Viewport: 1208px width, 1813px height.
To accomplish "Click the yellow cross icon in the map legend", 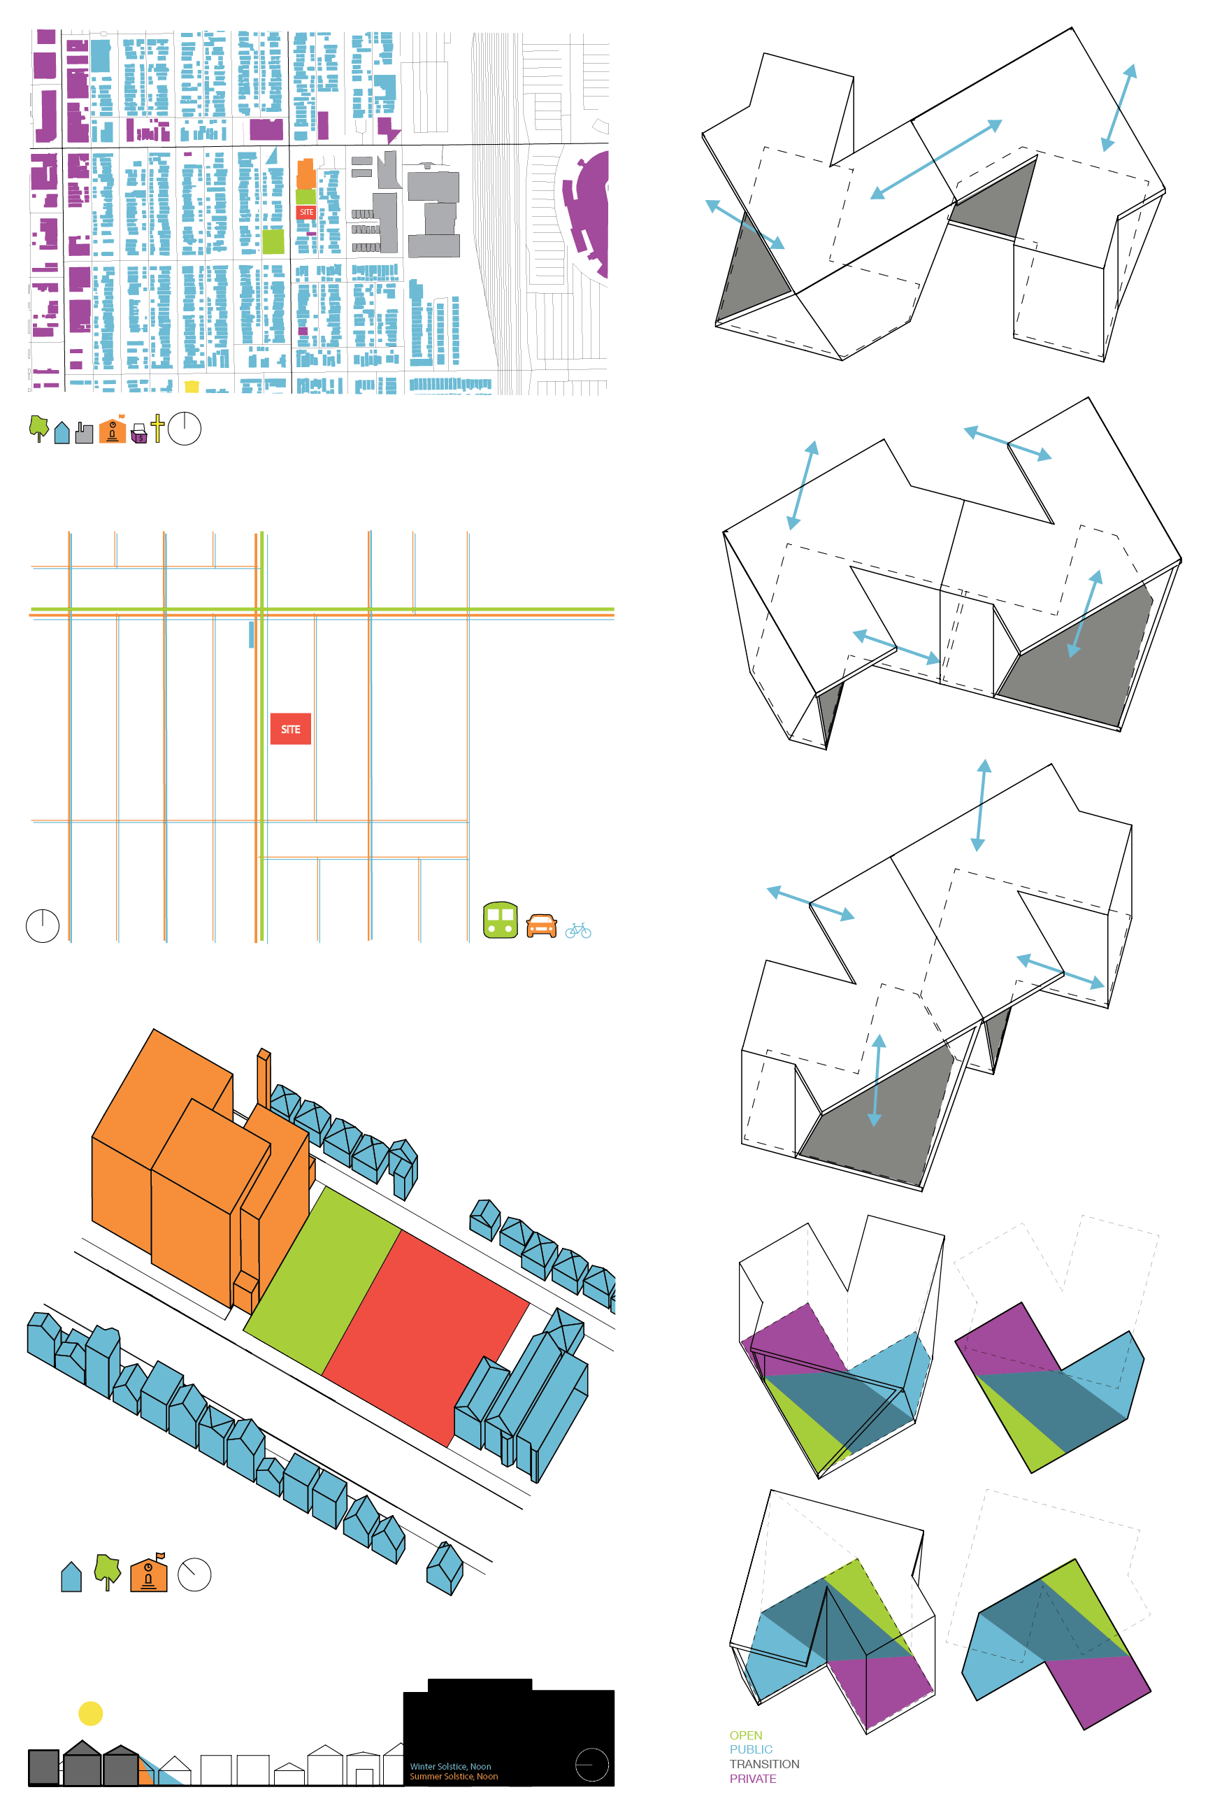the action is [157, 428].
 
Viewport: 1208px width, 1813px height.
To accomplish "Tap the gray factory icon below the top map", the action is [85, 432].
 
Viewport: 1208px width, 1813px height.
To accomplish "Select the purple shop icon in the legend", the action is [139, 433].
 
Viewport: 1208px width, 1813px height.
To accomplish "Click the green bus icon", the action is [500, 920].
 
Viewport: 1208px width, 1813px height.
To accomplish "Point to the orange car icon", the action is [542, 926].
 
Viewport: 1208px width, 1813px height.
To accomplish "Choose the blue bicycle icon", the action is [578, 930].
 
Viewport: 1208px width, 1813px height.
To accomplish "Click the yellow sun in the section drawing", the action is [91, 1714].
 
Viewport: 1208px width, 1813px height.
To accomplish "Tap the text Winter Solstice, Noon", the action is [451, 1766].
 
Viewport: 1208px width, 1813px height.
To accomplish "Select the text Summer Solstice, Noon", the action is [454, 1776].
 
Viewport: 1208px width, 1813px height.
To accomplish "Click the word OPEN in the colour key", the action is [746, 1735].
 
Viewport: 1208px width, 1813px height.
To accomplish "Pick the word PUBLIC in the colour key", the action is [751, 1749].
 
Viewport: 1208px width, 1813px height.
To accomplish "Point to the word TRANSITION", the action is [764, 1763].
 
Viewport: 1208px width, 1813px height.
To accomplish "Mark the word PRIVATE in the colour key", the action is [753, 1778].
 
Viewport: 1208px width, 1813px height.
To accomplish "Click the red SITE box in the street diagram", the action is [290, 728].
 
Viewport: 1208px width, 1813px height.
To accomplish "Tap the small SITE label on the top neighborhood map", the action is [307, 212].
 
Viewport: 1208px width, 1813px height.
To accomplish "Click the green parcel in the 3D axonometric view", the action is [323, 1280].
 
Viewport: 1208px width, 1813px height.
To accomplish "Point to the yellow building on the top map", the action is [192, 386].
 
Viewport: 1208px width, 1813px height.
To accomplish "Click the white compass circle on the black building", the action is [591, 1763].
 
